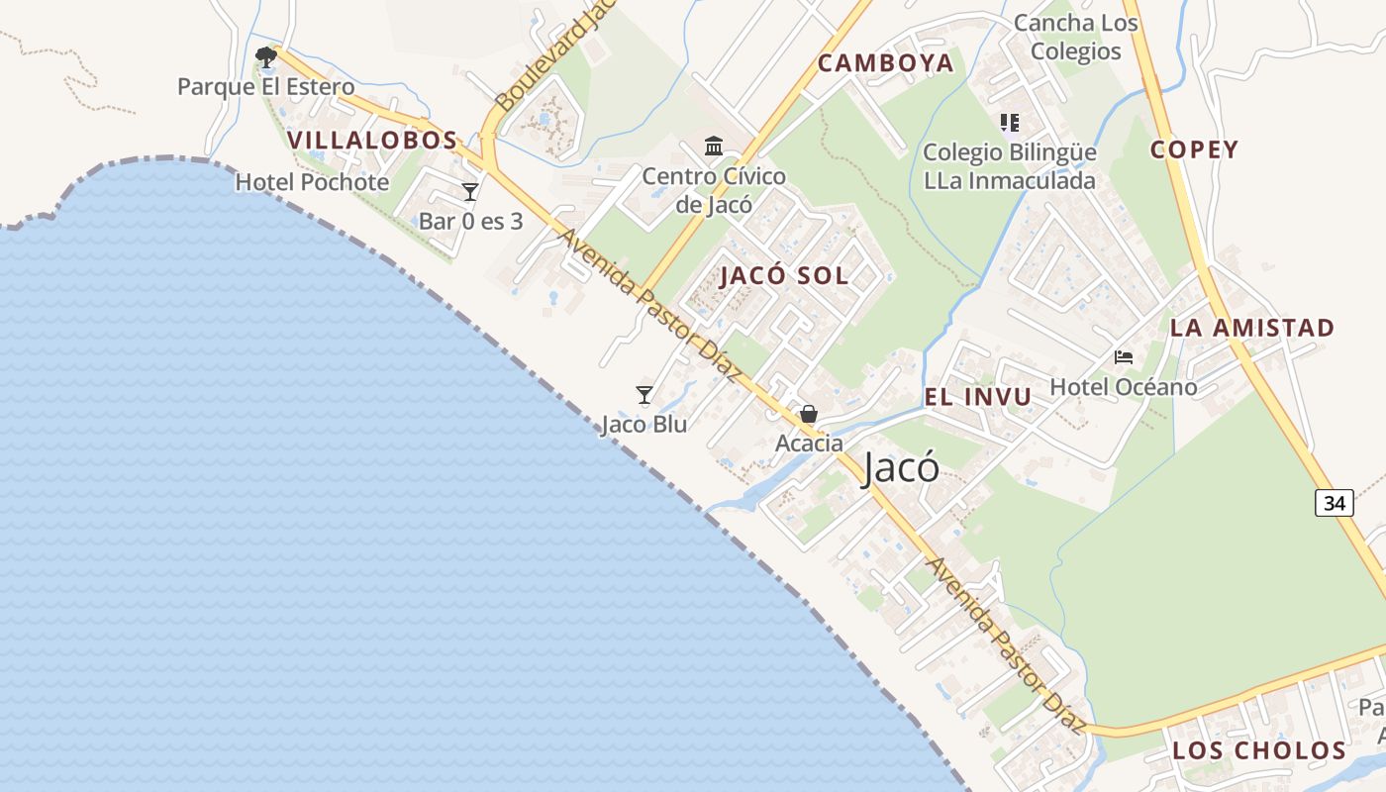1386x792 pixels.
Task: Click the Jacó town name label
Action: pyautogui.click(x=901, y=467)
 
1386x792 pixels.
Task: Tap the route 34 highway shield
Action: pyautogui.click(x=1334, y=503)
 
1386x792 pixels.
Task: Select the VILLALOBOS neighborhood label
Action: pyautogui.click(x=373, y=141)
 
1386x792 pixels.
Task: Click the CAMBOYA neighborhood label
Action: pyautogui.click(x=886, y=63)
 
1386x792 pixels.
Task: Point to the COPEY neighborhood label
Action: pyautogui.click(x=1194, y=150)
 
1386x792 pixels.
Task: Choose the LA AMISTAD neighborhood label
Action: pyautogui.click(x=1252, y=328)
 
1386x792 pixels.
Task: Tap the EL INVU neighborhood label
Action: pyautogui.click(x=977, y=398)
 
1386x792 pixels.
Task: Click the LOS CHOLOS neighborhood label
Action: pyautogui.click(x=1259, y=751)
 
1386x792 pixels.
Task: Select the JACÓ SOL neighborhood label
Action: pyautogui.click(x=784, y=276)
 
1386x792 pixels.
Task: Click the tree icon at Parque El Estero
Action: pyautogui.click(x=265, y=56)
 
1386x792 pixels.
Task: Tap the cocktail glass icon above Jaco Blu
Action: pyautogui.click(x=644, y=395)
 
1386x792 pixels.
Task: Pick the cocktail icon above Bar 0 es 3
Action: pyautogui.click(x=470, y=191)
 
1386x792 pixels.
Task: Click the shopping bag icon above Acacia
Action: pyautogui.click(x=809, y=414)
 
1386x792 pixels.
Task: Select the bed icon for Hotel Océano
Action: pyautogui.click(x=1123, y=356)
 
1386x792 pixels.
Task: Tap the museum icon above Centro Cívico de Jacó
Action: pyautogui.click(x=713, y=147)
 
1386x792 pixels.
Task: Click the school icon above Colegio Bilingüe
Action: pyautogui.click(x=1009, y=123)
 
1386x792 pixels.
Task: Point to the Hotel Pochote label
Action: pyautogui.click(x=312, y=183)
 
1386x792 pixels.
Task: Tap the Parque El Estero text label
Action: pyautogui.click(x=265, y=87)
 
